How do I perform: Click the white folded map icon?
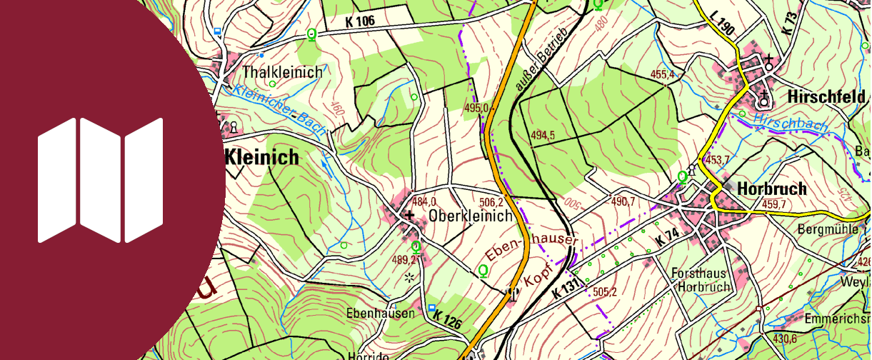[x=101, y=180]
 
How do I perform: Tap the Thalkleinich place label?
[x=282, y=72]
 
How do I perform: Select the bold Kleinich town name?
[x=261, y=158]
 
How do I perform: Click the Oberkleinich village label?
[x=471, y=216]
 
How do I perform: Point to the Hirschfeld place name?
[x=826, y=96]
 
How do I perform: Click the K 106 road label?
[x=359, y=21]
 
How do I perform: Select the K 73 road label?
[x=788, y=21]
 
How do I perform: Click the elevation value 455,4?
[x=662, y=74]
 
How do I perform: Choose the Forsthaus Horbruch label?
[x=701, y=280]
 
